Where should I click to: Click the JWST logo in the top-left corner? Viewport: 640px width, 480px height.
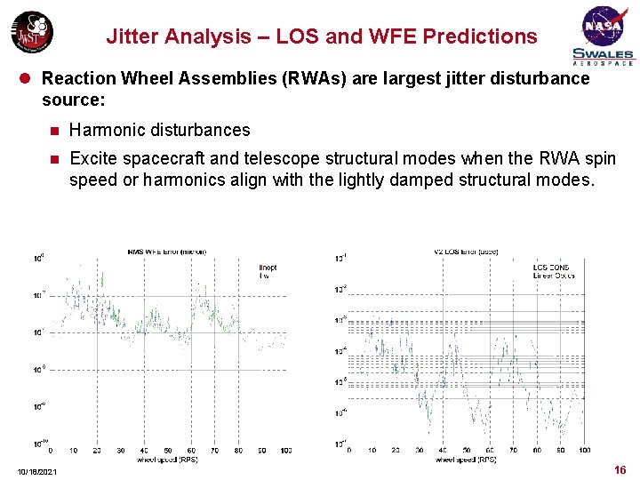[31, 32]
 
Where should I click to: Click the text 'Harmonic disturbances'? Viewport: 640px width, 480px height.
[160, 130]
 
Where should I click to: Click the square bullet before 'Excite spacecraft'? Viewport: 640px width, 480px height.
[53, 159]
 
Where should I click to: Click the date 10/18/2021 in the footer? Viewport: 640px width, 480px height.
[36, 470]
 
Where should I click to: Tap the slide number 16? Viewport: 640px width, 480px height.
[620, 469]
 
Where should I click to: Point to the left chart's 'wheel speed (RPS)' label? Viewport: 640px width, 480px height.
[167, 460]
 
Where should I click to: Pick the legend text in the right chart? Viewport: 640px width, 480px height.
[553, 271]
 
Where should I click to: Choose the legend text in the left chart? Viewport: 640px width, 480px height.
[268, 271]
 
